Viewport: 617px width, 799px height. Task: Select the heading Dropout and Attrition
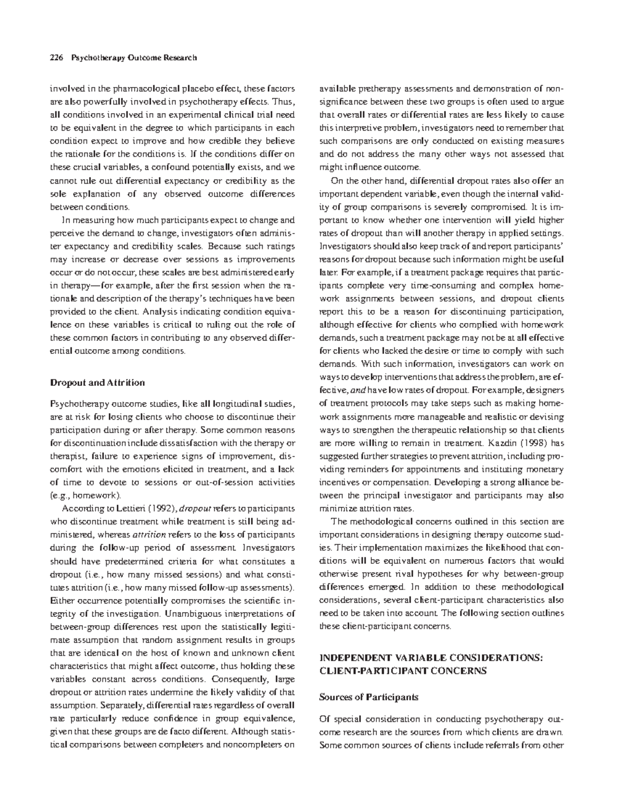[97, 382]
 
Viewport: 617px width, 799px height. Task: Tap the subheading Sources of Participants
[368, 697]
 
